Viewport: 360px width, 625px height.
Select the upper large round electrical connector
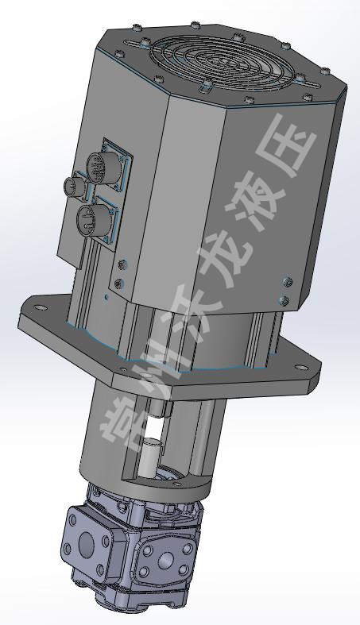[99, 168]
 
